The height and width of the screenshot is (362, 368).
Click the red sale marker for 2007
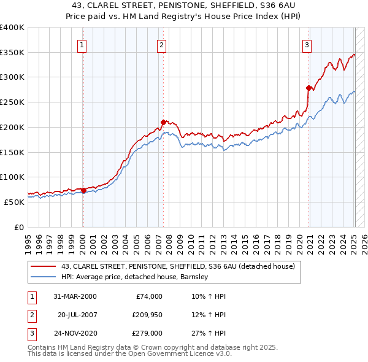coord(163,122)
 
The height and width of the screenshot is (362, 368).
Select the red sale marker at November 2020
coord(309,88)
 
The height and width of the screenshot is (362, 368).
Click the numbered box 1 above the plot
coord(82,44)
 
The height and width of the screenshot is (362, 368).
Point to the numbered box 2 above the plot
coord(161,44)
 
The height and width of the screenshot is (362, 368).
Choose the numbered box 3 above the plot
coord(307,44)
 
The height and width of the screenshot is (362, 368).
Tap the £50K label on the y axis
coord(13,202)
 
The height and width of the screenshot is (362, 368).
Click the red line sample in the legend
coord(44,266)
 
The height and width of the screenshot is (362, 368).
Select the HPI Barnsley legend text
coord(135,277)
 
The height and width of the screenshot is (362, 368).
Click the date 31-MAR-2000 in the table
coord(74,296)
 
